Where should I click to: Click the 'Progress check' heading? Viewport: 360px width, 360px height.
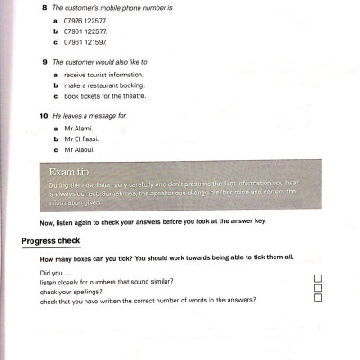51,240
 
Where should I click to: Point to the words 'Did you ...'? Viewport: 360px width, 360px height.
55,273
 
